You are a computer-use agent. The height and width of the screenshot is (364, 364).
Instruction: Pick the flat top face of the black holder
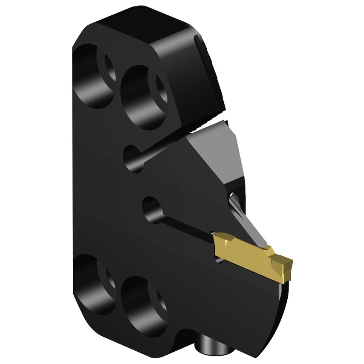(136, 26)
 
